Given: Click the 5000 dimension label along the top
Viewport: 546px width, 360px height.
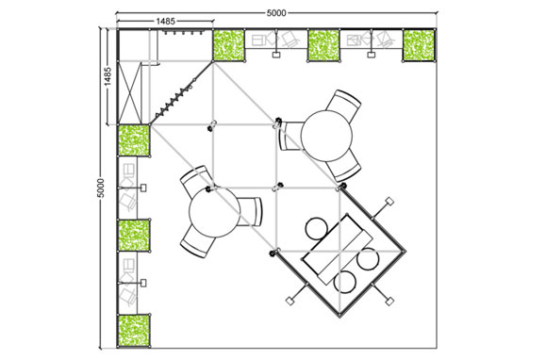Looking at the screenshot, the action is [x=276, y=13].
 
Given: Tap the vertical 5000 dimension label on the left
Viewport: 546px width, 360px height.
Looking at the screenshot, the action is [x=100, y=188].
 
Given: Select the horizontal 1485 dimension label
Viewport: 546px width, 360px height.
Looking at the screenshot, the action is [x=165, y=22].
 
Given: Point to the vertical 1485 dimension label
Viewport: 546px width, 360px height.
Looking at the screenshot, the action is [x=108, y=76].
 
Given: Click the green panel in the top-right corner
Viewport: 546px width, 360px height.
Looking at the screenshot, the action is [x=419, y=45].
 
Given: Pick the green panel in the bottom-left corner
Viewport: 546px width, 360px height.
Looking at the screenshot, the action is [x=134, y=331].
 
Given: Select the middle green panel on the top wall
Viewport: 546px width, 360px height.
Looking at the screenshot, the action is [x=323, y=45].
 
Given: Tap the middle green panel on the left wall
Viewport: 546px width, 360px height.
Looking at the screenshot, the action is [x=134, y=235].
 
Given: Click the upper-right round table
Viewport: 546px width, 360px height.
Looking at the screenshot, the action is [x=326, y=136].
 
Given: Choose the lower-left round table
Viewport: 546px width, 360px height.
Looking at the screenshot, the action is [x=214, y=211].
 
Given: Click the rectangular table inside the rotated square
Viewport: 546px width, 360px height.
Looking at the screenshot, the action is [x=338, y=250].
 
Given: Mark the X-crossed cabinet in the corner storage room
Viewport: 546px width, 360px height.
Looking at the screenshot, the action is [x=130, y=93].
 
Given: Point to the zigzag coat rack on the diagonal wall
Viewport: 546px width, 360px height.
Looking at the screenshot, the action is [x=175, y=97].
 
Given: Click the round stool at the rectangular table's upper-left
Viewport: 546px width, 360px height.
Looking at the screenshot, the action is [x=317, y=228].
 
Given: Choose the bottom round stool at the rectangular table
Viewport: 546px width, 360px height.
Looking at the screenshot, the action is [x=345, y=282].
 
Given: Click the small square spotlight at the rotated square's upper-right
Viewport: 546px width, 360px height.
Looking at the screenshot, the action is [x=389, y=201].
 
